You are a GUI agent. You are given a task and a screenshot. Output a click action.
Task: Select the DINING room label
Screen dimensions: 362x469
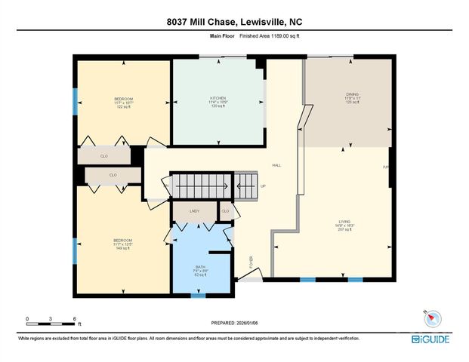point(347,95)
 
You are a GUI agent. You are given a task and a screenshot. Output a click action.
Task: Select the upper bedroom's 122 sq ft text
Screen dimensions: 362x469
point(123,107)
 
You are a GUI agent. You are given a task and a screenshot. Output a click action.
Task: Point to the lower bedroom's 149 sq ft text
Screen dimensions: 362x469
point(123,247)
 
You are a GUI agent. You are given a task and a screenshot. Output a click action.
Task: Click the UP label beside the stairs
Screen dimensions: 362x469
point(263,186)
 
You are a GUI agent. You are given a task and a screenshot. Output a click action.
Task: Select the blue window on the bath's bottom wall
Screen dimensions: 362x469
point(197,295)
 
